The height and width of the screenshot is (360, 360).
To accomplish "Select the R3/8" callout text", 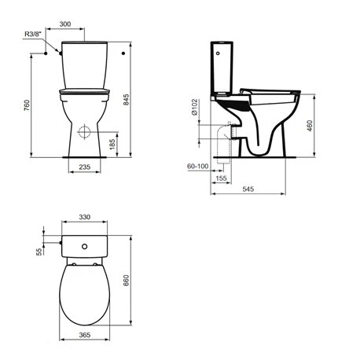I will [35, 35].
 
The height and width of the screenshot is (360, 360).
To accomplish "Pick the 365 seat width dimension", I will [82, 336].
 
